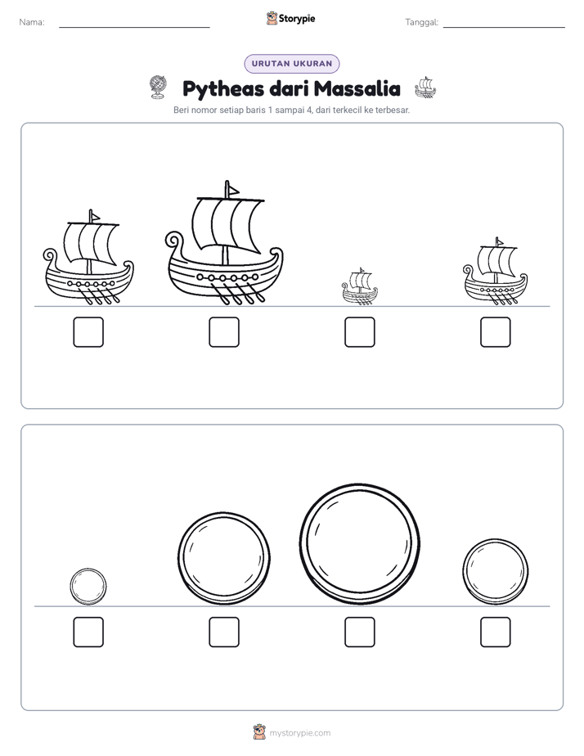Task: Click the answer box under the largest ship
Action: tap(224, 332)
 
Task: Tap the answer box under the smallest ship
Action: tap(359, 332)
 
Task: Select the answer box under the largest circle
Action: tap(359, 632)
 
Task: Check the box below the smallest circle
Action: tap(88, 632)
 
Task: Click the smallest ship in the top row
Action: tap(359, 286)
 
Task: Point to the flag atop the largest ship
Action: tap(232, 190)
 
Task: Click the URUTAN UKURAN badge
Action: tap(292, 64)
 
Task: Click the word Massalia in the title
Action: tap(357, 88)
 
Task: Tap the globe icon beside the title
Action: tap(158, 88)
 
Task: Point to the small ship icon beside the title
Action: tap(425, 88)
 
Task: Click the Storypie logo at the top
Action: tap(291, 19)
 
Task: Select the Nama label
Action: tap(32, 22)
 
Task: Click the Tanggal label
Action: tap(421, 22)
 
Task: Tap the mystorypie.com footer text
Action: tap(299, 733)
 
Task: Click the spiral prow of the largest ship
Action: tap(173, 240)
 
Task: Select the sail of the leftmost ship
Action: tap(91, 244)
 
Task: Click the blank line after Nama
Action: tap(134, 28)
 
